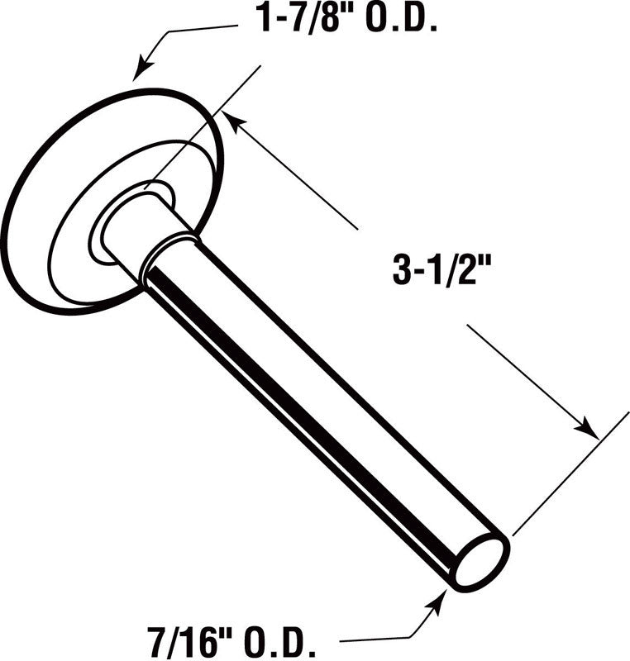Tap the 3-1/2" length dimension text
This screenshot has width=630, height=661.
tap(446, 270)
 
